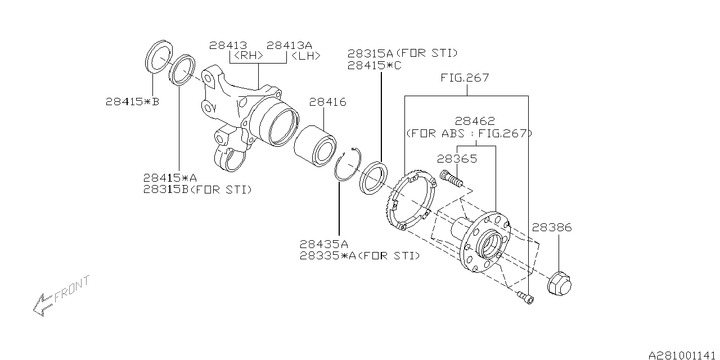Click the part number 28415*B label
(132, 102)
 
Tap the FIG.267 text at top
(465, 78)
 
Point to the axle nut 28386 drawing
(559, 283)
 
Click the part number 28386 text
(552, 228)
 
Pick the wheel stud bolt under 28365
(452, 178)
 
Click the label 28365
(457, 159)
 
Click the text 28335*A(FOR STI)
(359, 256)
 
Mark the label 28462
(475, 121)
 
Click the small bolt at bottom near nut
(525, 296)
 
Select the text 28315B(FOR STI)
(197, 190)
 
